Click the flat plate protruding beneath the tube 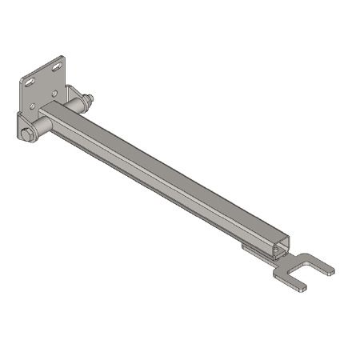(254, 250)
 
